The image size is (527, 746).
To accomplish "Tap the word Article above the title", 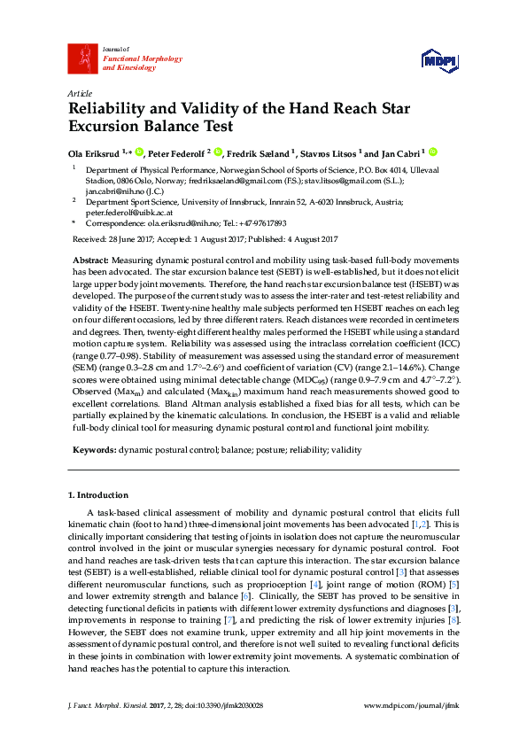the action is coord(79,93).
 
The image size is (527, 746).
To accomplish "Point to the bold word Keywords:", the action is coord(94,450).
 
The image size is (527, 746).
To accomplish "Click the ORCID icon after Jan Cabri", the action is coord(434,152).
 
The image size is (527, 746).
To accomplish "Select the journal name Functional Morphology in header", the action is coord(124,58).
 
